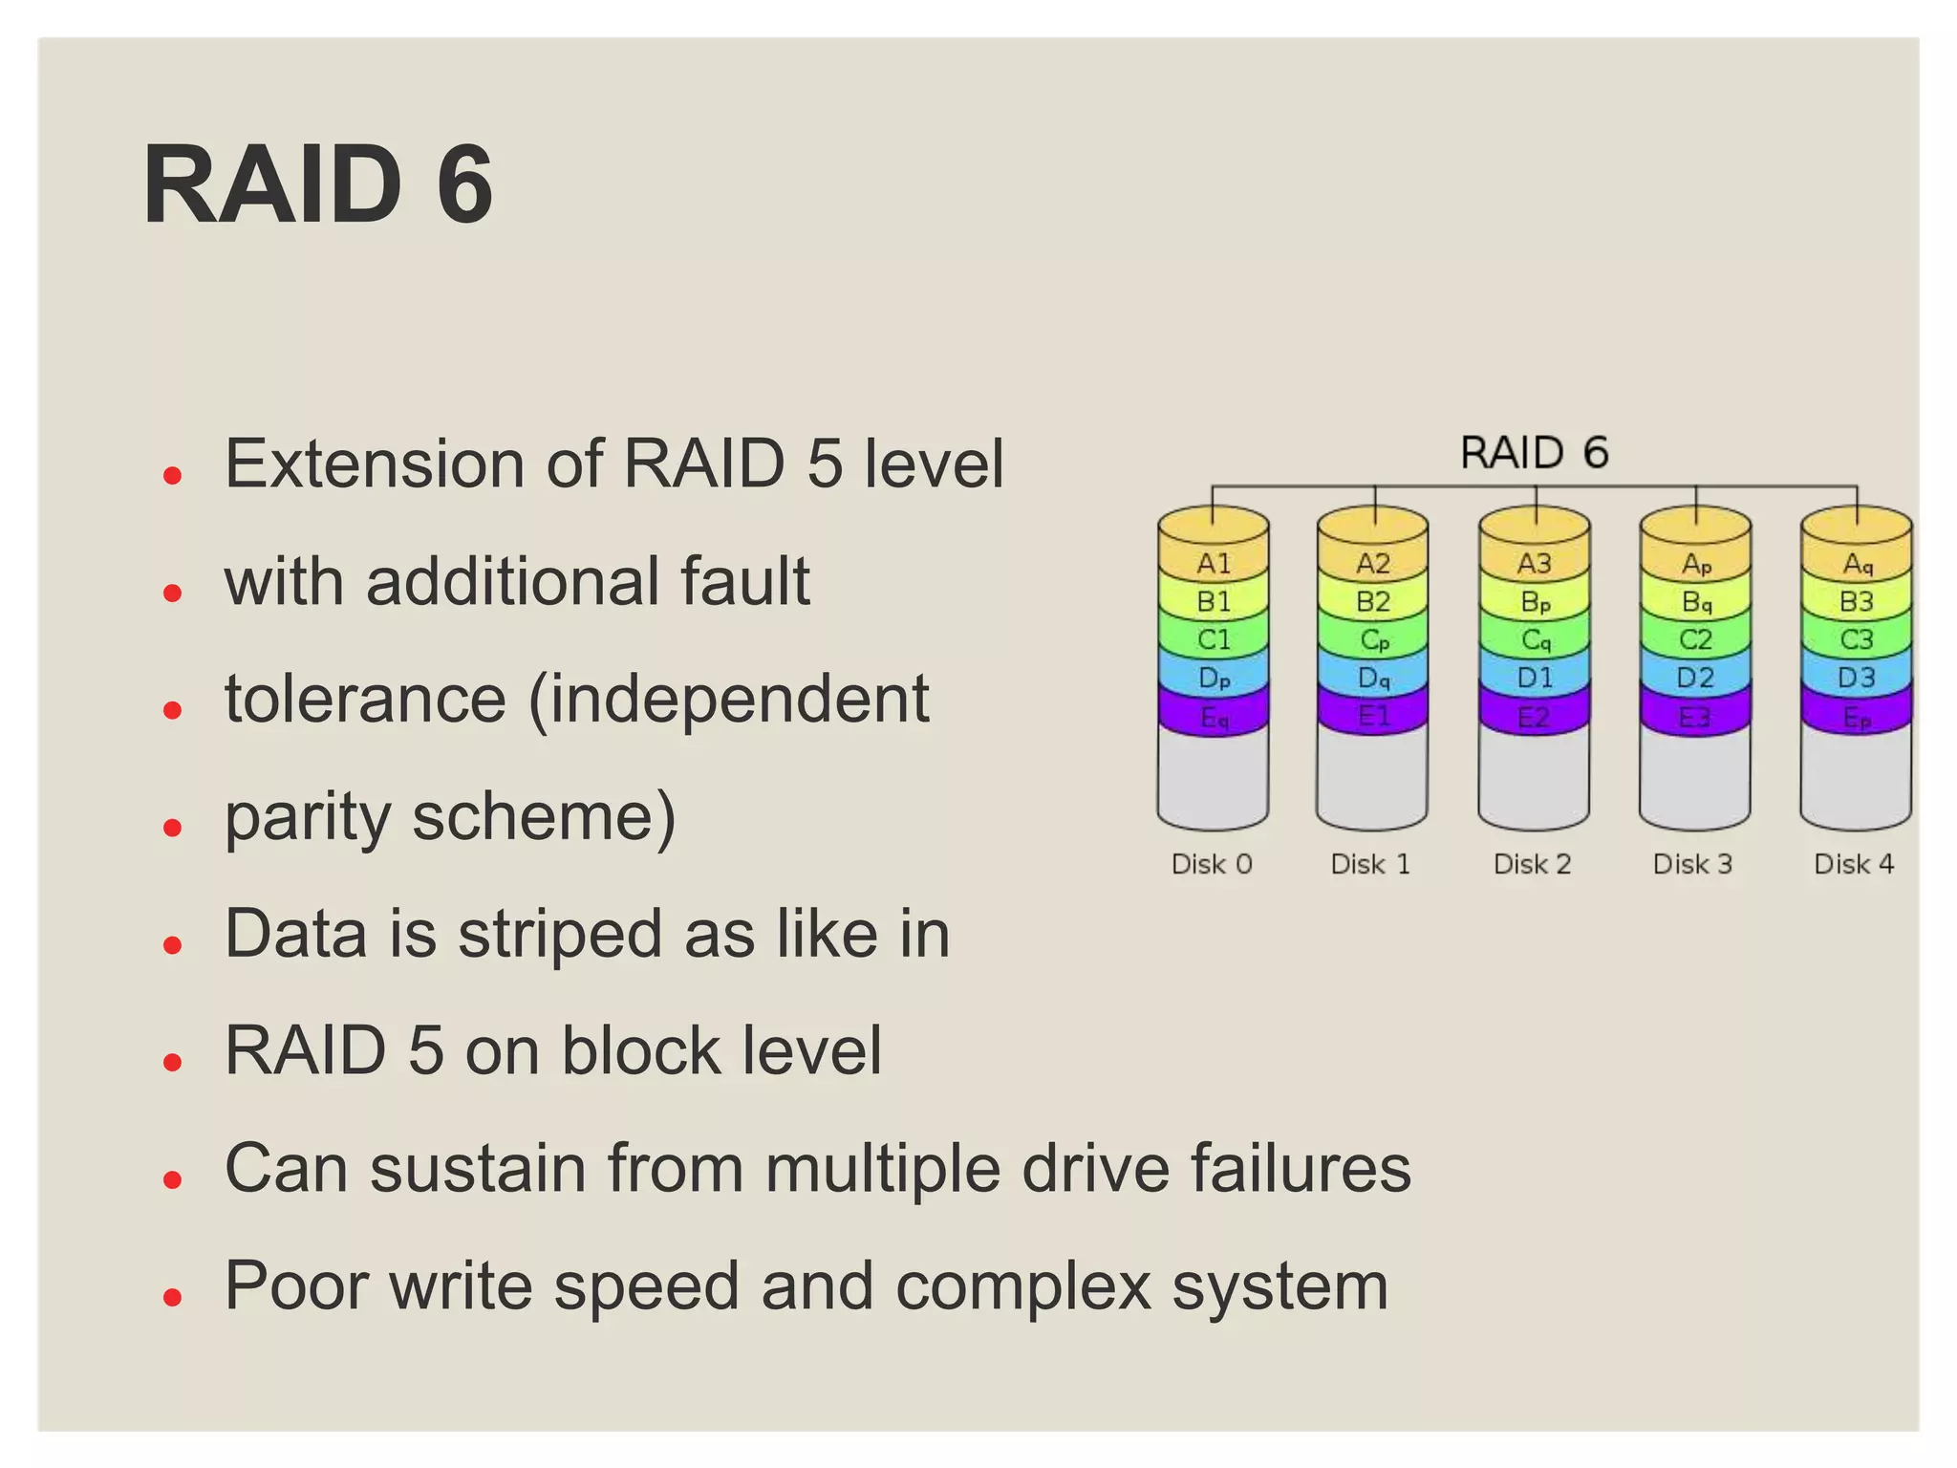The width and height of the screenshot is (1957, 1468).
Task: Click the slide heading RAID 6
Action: (318, 184)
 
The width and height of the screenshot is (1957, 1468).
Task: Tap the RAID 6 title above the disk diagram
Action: (1534, 452)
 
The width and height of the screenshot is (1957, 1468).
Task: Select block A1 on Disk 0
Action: (1214, 563)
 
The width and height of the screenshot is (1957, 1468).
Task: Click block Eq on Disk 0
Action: (1214, 717)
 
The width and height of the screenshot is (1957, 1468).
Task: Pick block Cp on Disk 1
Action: (1374, 639)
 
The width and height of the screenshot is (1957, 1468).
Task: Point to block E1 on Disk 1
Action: (1374, 716)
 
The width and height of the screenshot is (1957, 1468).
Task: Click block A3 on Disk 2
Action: (1535, 563)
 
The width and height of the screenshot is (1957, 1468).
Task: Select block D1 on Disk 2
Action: (1535, 678)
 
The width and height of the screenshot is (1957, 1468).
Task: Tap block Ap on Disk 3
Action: (1696, 564)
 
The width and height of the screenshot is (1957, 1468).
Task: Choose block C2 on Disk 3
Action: (1695, 639)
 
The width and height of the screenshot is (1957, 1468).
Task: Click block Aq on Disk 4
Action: (1857, 564)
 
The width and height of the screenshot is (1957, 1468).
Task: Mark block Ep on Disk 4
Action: (1857, 717)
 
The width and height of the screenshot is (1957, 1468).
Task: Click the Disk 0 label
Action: (1212, 864)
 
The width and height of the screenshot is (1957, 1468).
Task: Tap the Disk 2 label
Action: (1533, 864)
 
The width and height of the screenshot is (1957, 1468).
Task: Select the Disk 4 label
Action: (1854, 864)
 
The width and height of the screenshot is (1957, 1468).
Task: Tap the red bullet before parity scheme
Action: (173, 827)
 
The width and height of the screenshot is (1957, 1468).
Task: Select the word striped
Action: (560, 934)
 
